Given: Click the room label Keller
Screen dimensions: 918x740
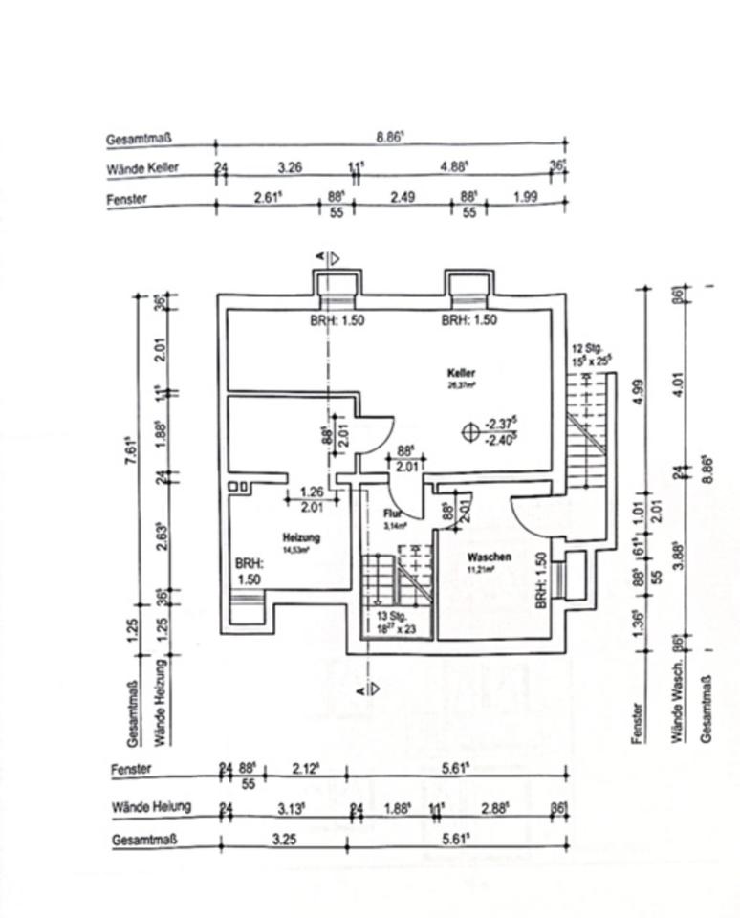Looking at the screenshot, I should [x=461, y=373].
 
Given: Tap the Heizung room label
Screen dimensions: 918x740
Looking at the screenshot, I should [x=301, y=538].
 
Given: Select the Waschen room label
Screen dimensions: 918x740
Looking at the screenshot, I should [x=489, y=557].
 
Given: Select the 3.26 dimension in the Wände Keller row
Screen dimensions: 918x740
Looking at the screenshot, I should [x=290, y=167].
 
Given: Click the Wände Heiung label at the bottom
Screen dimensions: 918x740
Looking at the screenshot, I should [x=151, y=807].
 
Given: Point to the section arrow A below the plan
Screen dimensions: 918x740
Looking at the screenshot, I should [x=366, y=688].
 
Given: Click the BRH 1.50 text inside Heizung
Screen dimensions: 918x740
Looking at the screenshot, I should [x=248, y=571].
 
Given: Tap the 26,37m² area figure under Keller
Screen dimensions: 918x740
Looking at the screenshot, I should [x=461, y=385].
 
